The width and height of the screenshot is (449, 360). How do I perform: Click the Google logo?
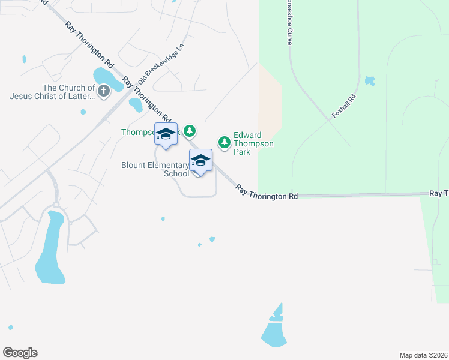pyautogui.click(x=20, y=353)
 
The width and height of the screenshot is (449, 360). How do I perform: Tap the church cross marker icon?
pyautogui.click(x=104, y=91)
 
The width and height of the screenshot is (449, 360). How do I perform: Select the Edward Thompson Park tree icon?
pyautogui.click(x=224, y=142)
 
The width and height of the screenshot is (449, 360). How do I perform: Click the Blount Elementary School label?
pyautogui.click(x=155, y=169)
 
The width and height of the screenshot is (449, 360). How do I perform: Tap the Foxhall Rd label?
pyautogui.click(x=344, y=106)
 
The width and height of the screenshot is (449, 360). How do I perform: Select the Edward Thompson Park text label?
pyautogui.click(x=253, y=143)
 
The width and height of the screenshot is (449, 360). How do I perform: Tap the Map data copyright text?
pyautogui.click(x=423, y=355)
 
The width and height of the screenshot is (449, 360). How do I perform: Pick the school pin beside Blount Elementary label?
pyautogui.click(x=200, y=160)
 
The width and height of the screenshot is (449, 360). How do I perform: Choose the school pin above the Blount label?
pyautogui.click(x=166, y=134)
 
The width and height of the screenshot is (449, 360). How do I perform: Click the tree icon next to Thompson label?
pyautogui.click(x=190, y=130)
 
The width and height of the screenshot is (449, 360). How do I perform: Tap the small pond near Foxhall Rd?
pyautogui.click(x=369, y=80)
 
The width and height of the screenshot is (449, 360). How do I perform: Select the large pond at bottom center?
pyautogui.click(x=274, y=332)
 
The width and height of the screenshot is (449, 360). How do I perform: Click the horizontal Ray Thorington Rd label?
pyautogui.click(x=267, y=193)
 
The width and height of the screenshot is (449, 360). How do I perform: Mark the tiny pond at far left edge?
pyautogui.click(x=24, y=59)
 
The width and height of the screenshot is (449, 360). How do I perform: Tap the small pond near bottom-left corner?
pyautogui.click(x=10, y=327)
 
